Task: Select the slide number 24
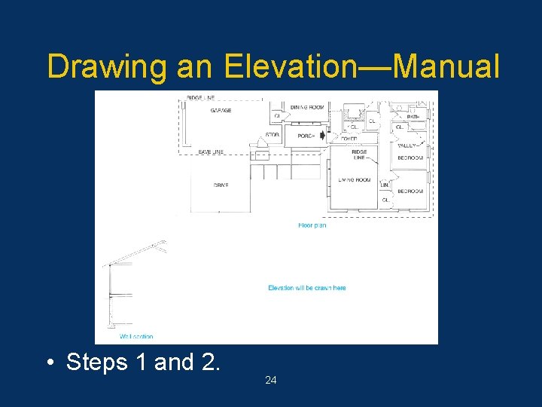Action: (271, 380)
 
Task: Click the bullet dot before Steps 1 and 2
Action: (49, 363)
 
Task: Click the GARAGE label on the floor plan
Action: (221, 111)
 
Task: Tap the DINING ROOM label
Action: (307, 108)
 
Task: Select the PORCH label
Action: (306, 136)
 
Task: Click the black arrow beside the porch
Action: (323, 136)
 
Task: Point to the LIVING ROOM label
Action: (354, 180)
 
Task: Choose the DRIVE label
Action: (221, 185)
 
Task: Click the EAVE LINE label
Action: (212, 152)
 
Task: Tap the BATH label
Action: (413, 117)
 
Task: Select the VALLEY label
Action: (407, 145)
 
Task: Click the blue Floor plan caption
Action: (312, 225)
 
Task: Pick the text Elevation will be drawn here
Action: (307, 288)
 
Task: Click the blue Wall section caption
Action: (136, 337)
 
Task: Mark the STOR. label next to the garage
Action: (273, 136)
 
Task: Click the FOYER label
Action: (349, 139)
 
